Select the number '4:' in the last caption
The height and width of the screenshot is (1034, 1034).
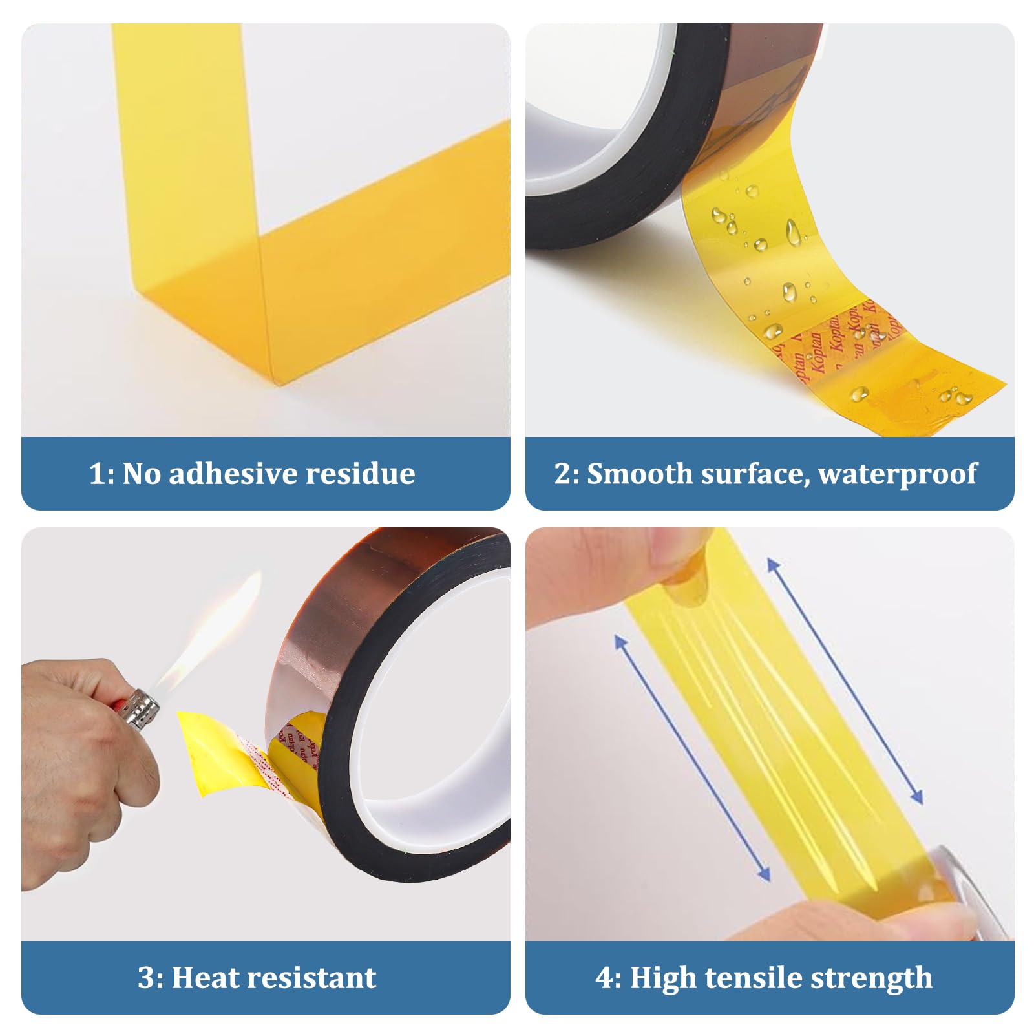[608, 977]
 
